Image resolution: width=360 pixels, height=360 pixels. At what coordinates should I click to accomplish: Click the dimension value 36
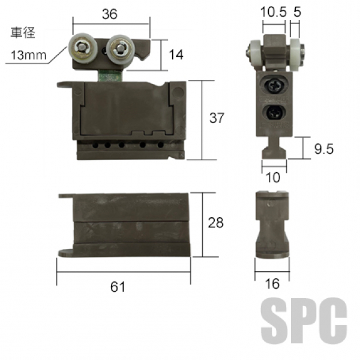110,14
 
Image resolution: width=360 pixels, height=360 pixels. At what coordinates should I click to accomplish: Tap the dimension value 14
176,55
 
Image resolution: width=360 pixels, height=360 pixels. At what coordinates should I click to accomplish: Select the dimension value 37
217,118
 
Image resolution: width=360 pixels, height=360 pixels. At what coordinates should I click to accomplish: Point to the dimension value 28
215,223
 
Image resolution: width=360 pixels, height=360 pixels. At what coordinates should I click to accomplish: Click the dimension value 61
118,287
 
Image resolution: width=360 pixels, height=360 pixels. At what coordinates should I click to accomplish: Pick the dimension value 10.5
274,12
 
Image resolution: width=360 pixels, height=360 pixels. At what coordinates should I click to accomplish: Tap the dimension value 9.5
324,149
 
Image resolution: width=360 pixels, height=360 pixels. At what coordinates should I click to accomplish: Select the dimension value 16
272,284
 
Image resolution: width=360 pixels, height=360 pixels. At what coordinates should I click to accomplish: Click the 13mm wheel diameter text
29,55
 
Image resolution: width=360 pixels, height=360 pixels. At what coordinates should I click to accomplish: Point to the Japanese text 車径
23,32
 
